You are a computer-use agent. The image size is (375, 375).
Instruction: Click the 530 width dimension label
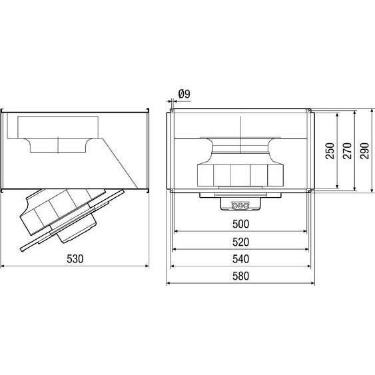click(x=75, y=259)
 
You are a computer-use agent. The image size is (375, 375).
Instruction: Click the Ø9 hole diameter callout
click(x=185, y=95)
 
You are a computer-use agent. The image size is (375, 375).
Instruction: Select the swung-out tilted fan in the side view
click(x=70, y=216)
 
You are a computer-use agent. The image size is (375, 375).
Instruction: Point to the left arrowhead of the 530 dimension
click(x=3, y=266)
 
